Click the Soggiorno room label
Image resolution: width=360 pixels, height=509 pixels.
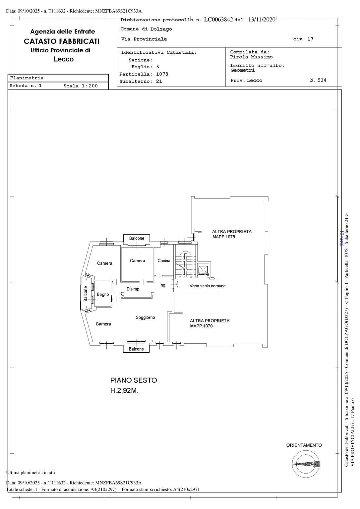coord(145,317)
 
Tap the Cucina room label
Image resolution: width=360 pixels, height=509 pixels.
coord(164,261)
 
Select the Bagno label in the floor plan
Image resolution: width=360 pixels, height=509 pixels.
coord(103,295)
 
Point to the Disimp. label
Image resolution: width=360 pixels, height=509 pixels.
coord(134,289)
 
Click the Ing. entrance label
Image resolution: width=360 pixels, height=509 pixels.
coord(163,285)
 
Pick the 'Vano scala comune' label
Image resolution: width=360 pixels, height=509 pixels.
coord(208,286)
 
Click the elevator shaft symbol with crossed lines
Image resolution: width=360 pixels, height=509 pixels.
coord(202,270)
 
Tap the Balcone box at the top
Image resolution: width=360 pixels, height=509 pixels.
coord(137,238)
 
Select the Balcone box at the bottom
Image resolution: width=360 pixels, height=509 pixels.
coord(136,349)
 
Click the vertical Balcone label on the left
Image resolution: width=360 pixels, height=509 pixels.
coord(86,294)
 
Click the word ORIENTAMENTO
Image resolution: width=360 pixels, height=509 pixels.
coord(304,445)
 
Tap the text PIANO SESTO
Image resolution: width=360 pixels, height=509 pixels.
coord(134,380)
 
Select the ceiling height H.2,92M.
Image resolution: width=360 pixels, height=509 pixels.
coord(124,391)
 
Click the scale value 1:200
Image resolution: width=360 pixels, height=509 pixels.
coord(89,86)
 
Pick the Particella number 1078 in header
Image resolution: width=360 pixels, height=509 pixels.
coord(162,74)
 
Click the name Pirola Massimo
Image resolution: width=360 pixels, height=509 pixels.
coord(251,57)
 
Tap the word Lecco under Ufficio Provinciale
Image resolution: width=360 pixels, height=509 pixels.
coord(64,59)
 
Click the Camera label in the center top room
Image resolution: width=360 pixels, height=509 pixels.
coord(137,261)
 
